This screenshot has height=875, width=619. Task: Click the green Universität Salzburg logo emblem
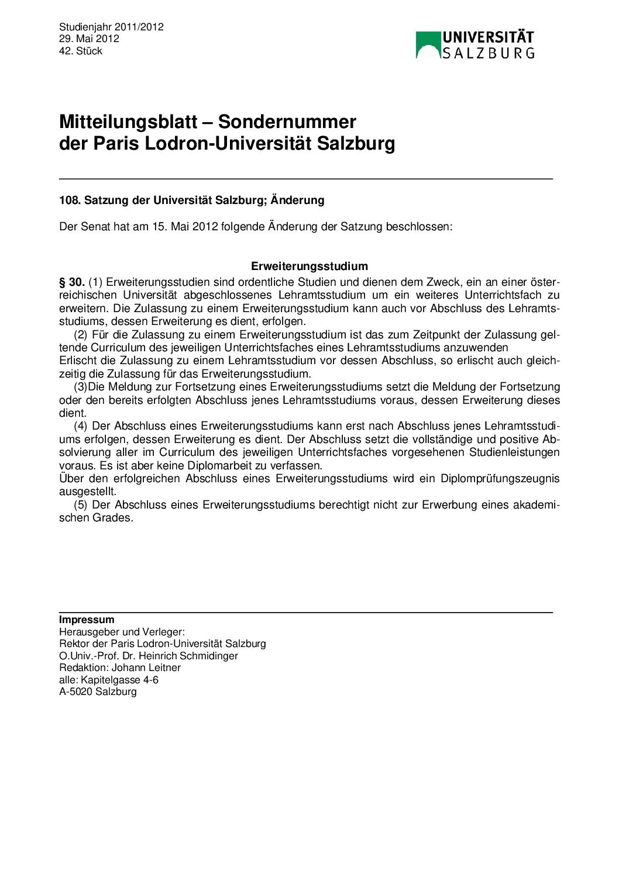(428, 45)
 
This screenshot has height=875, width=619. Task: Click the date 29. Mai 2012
(89, 39)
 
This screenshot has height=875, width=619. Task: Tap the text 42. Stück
(81, 51)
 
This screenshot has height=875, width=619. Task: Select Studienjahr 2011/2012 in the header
(111, 27)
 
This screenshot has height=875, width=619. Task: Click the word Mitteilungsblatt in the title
(128, 122)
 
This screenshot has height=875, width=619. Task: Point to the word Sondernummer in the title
(287, 122)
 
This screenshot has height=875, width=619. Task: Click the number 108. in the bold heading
(70, 200)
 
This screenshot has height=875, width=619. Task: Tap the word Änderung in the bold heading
(297, 200)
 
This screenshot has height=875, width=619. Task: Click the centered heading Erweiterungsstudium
(309, 267)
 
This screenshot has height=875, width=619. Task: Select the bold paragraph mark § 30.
(72, 282)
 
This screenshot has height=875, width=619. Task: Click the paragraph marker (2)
(80, 335)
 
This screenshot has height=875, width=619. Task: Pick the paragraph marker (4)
(80, 426)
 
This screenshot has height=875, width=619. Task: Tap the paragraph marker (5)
(80, 505)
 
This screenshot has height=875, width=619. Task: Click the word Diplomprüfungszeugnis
(500, 479)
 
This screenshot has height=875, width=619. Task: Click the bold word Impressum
(87, 620)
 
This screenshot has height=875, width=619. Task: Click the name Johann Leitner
(146, 668)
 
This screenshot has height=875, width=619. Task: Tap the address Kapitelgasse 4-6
(119, 680)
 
